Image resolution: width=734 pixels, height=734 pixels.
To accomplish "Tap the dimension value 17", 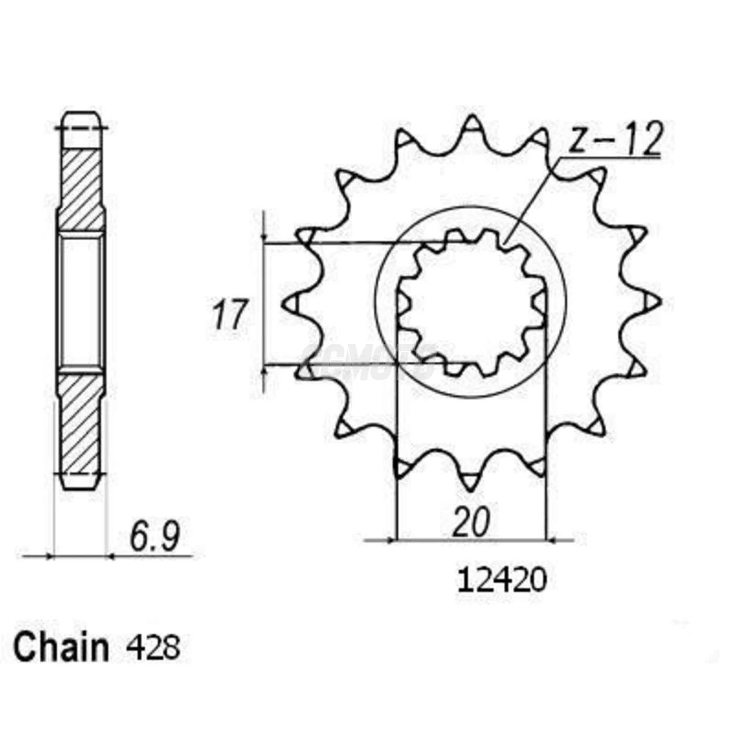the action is click(229, 315).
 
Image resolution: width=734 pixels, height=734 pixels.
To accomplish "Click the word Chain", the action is click(61, 647).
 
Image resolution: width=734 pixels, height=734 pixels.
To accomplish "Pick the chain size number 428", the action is click(153, 647).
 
